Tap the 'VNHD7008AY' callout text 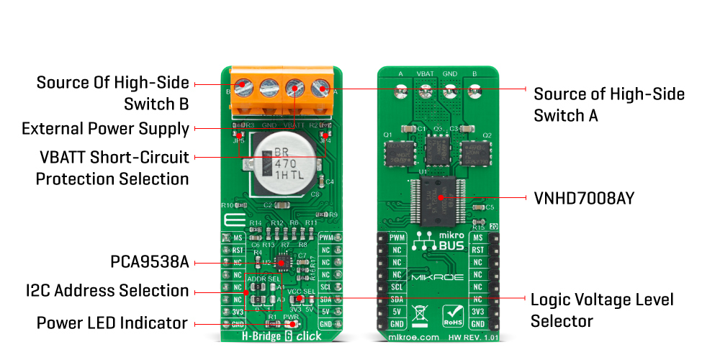pyautogui.click(x=583, y=198)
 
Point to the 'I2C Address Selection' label pyautogui.click(x=107, y=291)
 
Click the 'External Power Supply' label pyautogui.click(x=105, y=129)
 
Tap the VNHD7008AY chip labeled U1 pyautogui.click(x=438, y=196)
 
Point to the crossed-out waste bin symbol pyautogui.click(x=420, y=315)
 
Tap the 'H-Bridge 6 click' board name pyautogui.click(x=282, y=336)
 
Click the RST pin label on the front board pyautogui.click(x=237, y=250)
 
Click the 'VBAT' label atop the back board pyautogui.click(x=426, y=73)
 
